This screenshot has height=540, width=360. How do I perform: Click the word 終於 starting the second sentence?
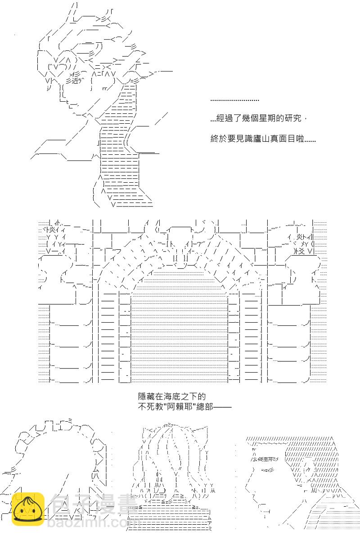[x=217, y=139]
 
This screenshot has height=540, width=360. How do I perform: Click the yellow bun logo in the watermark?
[x=27, y=509]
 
